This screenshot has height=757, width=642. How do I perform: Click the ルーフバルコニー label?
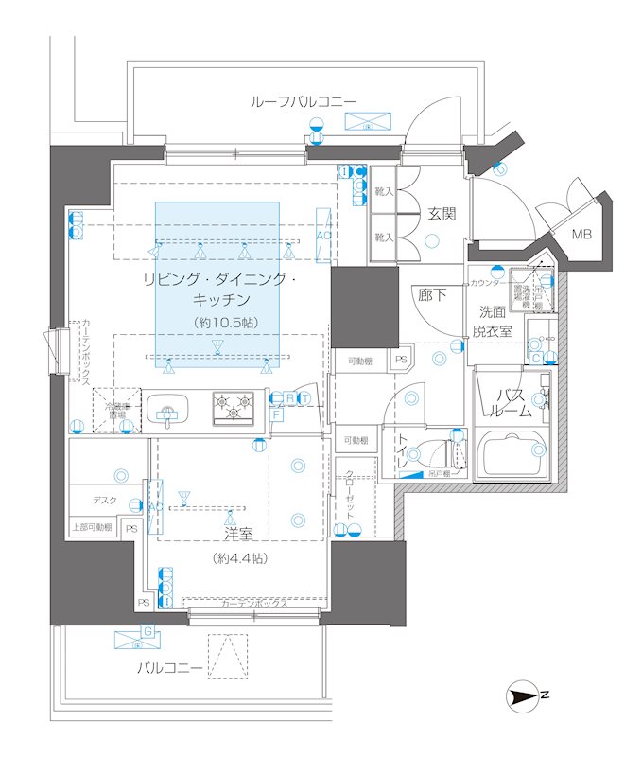click(303, 101)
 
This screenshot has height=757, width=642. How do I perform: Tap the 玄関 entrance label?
click(442, 214)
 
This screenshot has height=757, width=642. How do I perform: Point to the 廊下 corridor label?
click(432, 295)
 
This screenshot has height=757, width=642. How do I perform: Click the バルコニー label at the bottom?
click(170, 668)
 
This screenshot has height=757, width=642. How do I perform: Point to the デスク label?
click(104, 501)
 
